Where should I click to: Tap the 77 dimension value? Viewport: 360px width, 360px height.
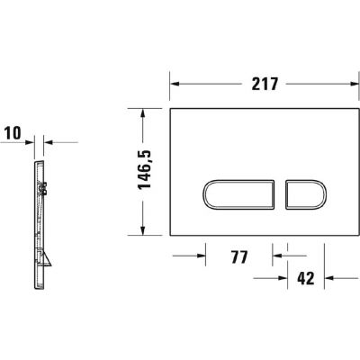click(238, 256)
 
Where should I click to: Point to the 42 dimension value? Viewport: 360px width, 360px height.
click(304, 279)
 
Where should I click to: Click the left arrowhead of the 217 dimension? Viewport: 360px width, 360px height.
click(175, 83)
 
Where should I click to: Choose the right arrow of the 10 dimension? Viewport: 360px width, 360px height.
click(49, 141)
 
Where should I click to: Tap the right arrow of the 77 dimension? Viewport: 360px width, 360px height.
click(280, 256)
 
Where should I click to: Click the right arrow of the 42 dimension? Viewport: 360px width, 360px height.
click(329, 279)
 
